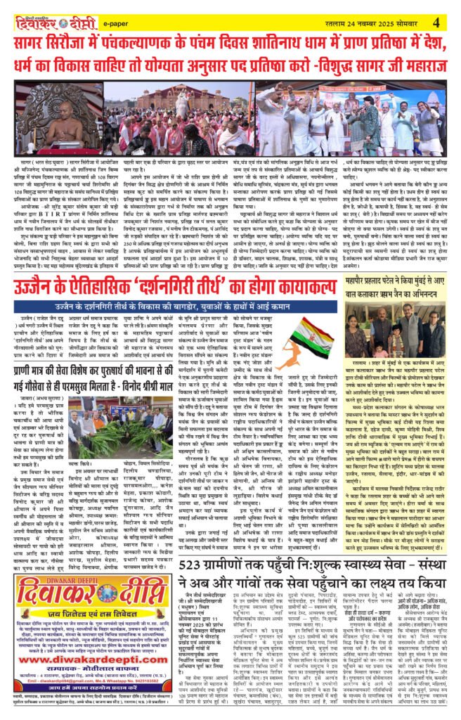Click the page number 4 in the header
tap(436, 22)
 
